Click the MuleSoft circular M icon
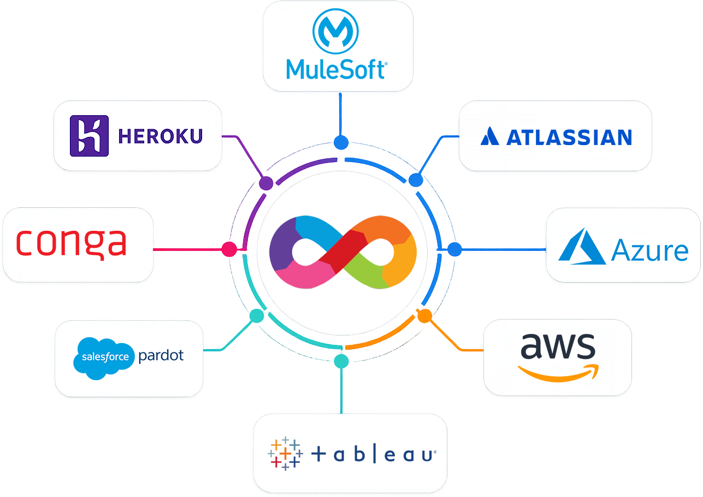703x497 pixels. coord(335,31)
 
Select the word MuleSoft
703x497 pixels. coord(336,69)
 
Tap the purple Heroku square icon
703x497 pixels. coord(89,136)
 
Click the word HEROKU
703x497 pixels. coord(161,136)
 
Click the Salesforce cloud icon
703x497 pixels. coord(104,357)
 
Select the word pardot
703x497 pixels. coord(161,356)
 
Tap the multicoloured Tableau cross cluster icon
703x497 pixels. coord(285,453)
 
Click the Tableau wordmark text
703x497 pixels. coord(374,454)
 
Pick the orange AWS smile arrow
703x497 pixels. coord(558,373)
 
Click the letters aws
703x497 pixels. coord(558,346)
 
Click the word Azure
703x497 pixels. coord(649,250)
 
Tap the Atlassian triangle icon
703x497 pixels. coord(489,136)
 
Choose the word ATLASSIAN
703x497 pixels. coord(569,137)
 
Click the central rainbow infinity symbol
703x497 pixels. coord(342,252)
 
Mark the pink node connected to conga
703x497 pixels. coord(229,249)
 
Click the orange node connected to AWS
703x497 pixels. coord(424,315)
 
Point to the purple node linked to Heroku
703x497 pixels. coord(266,183)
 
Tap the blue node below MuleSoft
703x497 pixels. coord(341,142)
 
